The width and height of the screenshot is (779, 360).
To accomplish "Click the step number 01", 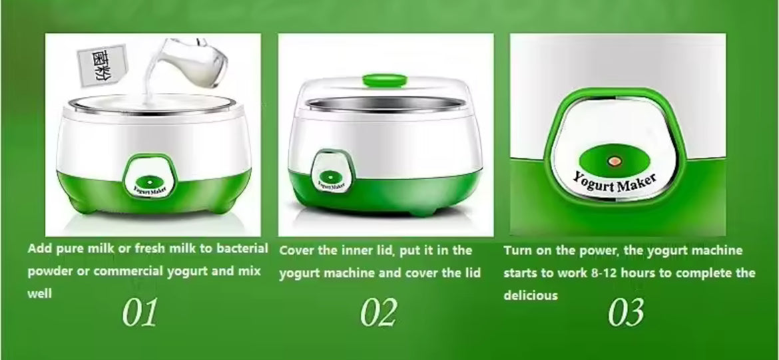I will pyautogui.click(x=140, y=313).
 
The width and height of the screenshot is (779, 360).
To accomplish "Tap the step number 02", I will pyautogui.click(x=378, y=313).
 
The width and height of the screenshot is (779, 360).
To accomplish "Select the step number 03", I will pyautogui.click(x=626, y=313).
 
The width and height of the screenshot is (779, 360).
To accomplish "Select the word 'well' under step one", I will pyautogui.click(x=39, y=293).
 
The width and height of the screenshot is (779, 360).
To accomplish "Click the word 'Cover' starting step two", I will pyautogui.click(x=297, y=251).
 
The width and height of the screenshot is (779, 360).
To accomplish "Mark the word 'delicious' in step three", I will pyautogui.click(x=531, y=295).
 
